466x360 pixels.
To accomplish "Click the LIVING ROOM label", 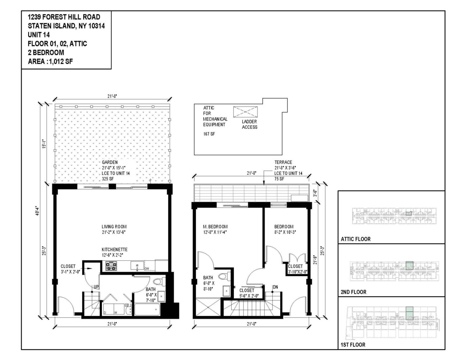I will (x=114, y=227).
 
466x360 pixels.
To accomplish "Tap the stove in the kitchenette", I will (x=111, y=266).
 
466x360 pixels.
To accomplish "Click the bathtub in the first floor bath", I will (x=147, y=310).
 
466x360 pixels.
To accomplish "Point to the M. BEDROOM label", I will (x=215, y=227).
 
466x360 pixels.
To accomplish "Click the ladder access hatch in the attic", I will (x=245, y=112).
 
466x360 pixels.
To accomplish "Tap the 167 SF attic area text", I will (x=209, y=134).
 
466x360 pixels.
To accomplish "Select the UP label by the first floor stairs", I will (x=96, y=287).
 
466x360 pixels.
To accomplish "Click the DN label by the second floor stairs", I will (x=275, y=287).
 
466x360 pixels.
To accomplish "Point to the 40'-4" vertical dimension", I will (x=37, y=211).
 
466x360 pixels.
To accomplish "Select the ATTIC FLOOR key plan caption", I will (x=356, y=239).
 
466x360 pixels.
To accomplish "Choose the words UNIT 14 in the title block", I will (x=39, y=35).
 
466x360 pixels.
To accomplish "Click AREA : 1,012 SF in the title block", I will (x=50, y=61).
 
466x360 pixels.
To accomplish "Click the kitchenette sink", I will (x=137, y=266).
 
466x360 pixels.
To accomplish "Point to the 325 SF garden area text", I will (x=108, y=179).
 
